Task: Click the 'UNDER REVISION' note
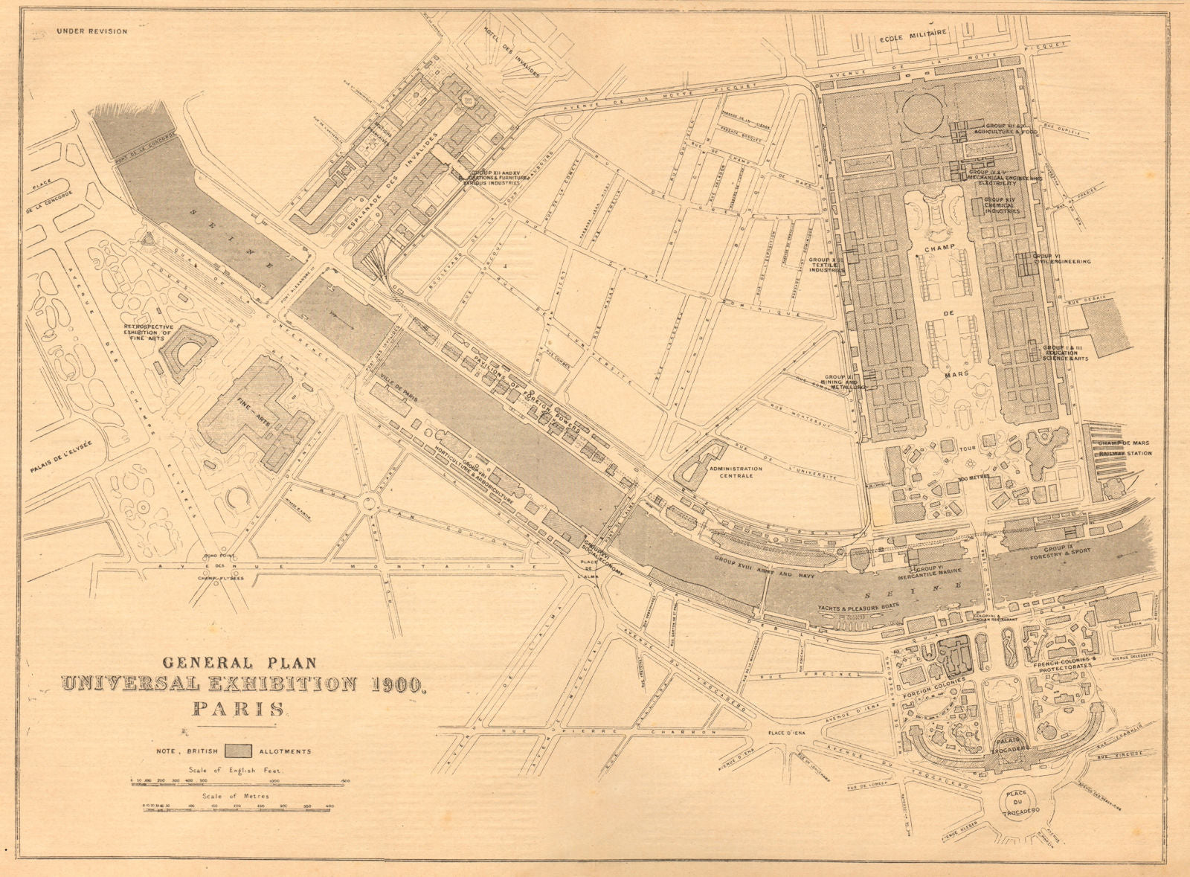[91, 31]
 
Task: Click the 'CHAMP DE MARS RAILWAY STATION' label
[1123, 448]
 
